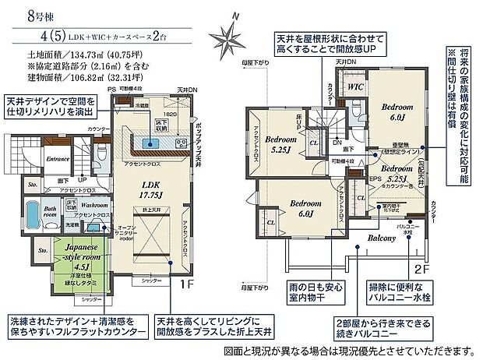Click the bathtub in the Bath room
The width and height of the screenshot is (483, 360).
click(x=33, y=215)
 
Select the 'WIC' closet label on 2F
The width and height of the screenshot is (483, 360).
click(x=355, y=87)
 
